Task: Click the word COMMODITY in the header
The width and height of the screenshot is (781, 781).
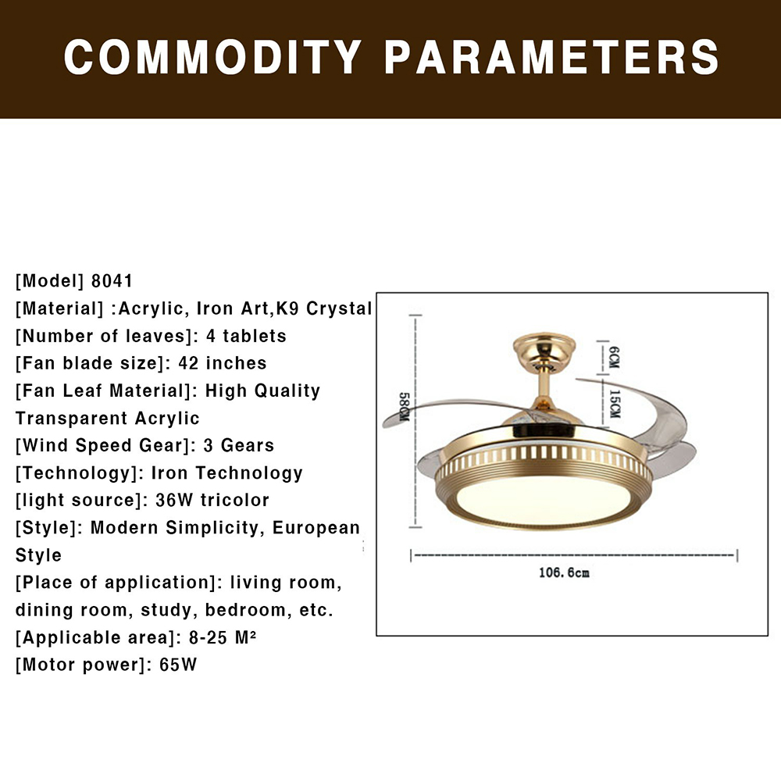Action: (213, 57)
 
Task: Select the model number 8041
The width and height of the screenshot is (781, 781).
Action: (112, 281)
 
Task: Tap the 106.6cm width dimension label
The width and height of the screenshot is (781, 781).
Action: (564, 572)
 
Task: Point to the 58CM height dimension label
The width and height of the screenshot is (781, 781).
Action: (405, 406)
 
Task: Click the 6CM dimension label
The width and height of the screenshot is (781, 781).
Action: (614, 357)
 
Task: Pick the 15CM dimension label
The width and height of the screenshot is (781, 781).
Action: (615, 404)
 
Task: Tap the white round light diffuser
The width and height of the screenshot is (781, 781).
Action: (542, 500)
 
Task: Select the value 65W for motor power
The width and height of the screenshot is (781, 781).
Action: (178, 665)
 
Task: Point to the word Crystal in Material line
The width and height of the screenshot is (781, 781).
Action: (339, 308)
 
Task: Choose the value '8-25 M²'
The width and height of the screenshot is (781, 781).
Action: (223, 637)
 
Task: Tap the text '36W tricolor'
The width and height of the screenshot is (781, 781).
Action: (212, 500)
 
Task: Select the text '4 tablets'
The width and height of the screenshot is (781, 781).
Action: (246, 336)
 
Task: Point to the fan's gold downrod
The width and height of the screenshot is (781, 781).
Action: (544, 387)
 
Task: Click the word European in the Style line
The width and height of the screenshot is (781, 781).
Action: (316, 527)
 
